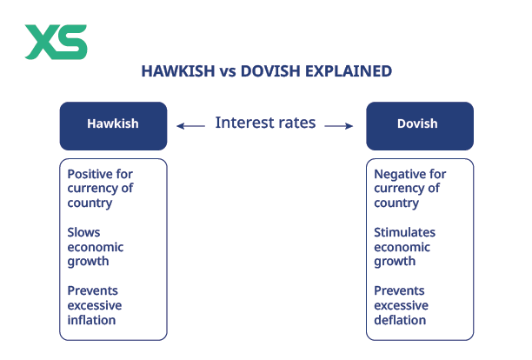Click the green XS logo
pyautogui.click(x=56, y=42)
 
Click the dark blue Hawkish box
pyautogui.click(x=113, y=125)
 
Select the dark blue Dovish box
pyautogui.click(x=420, y=125)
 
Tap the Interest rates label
pyautogui.click(x=266, y=123)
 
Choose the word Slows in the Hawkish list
pyautogui.click(x=84, y=232)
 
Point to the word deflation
pyautogui.click(x=400, y=320)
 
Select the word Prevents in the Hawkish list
pyautogui.click(x=93, y=290)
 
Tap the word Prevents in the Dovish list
pyautogui.click(x=400, y=290)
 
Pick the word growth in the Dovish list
pyautogui.click(x=395, y=262)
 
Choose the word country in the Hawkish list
pyautogui.click(x=90, y=203)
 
